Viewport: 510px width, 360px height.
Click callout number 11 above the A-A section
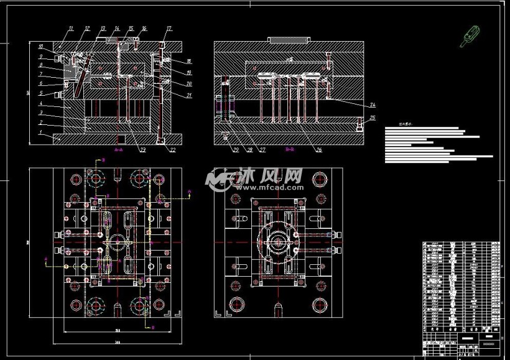tap(72, 29)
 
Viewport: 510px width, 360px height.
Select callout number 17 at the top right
tap(169, 29)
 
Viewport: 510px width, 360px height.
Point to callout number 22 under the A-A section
tap(172, 149)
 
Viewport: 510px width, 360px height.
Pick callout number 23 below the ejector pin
tap(142, 149)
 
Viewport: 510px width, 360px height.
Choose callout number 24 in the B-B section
tap(373, 104)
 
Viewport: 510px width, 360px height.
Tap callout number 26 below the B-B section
tap(318, 149)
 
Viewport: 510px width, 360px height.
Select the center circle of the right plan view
tap(277, 241)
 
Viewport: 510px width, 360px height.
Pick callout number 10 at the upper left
tap(40, 47)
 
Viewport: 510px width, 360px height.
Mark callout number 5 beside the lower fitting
tap(40, 93)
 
